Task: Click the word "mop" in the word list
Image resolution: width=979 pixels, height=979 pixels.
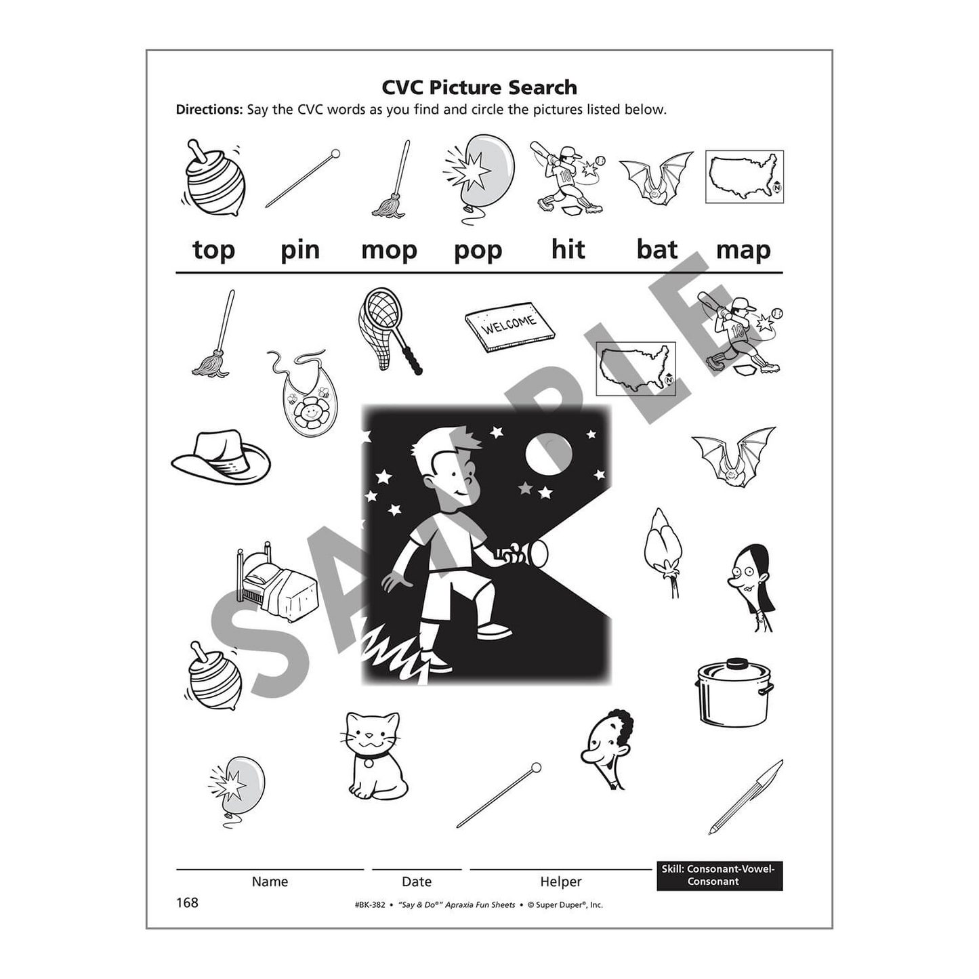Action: point(388,251)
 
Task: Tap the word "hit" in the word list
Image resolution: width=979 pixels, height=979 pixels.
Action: point(568,249)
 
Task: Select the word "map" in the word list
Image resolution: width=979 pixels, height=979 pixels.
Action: point(743,251)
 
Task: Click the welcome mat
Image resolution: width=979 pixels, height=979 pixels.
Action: point(509,327)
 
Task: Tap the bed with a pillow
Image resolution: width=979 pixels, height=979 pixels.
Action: point(275,582)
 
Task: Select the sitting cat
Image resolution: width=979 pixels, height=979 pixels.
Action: point(375,755)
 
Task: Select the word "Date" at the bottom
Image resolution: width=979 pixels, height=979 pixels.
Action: point(416,881)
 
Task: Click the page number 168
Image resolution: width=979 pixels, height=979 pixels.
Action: point(187,902)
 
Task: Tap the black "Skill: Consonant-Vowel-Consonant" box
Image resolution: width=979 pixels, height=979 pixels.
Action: point(719,875)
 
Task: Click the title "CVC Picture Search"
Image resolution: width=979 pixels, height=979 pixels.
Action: point(479,87)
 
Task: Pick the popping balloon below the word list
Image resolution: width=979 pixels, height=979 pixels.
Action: point(238,788)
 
